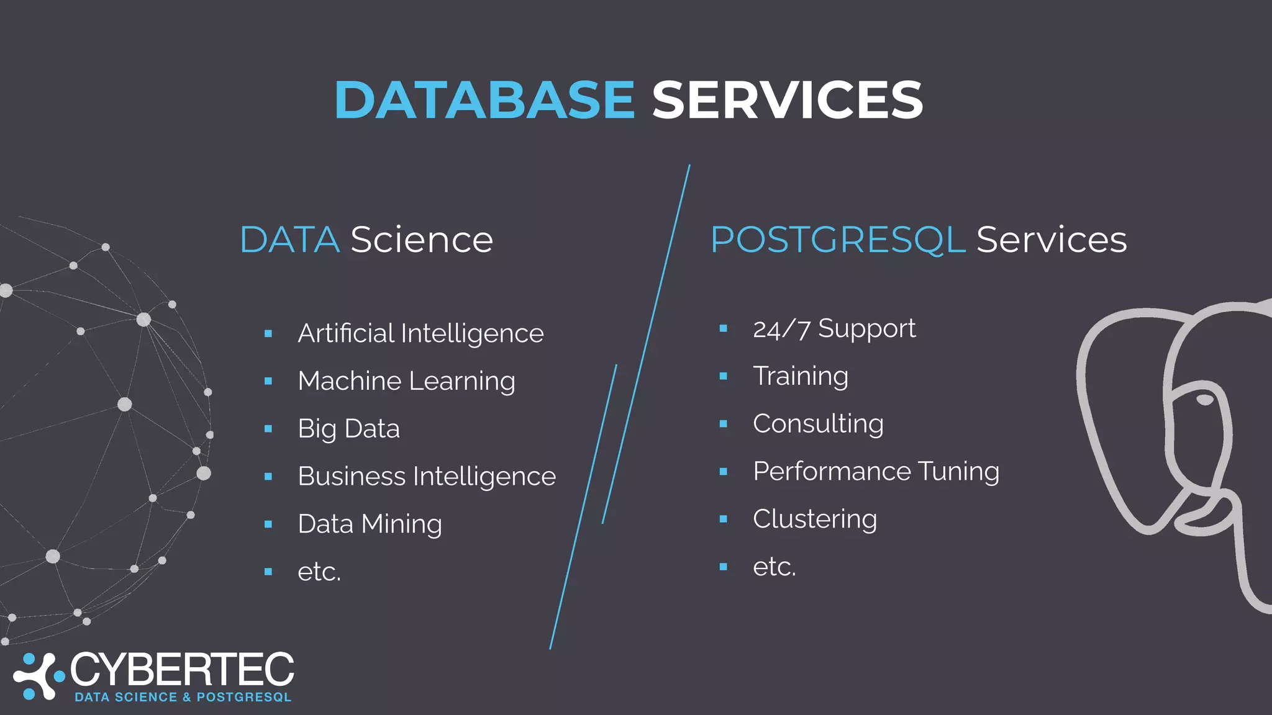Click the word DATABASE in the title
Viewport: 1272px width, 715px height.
click(484, 100)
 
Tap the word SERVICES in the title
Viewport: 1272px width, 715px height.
click(787, 100)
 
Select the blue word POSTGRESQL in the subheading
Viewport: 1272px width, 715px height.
click(838, 240)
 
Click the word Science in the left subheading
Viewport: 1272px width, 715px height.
click(422, 240)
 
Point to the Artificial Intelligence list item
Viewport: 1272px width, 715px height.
click(420, 334)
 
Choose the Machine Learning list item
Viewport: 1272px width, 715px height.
click(406, 381)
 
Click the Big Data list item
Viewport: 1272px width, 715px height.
click(348, 429)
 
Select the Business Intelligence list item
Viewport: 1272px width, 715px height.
click(427, 477)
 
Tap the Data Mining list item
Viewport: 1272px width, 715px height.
click(370, 524)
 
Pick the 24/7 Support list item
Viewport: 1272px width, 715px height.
click(834, 329)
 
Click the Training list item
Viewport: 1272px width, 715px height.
click(801, 376)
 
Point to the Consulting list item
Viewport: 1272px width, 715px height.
click(818, 424)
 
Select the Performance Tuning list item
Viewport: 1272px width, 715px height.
click(876, 472)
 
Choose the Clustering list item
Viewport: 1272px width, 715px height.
click(815, 519)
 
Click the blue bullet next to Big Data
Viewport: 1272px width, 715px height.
click(268, 429)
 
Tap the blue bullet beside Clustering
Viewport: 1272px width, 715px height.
click(724, 519)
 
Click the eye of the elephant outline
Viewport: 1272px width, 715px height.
click(1205, 399)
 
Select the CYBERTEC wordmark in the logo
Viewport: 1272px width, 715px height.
click(182, 670)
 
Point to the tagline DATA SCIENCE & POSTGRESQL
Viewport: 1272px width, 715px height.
click(183, 697)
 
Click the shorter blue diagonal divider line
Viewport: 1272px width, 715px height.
click(609, 444)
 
